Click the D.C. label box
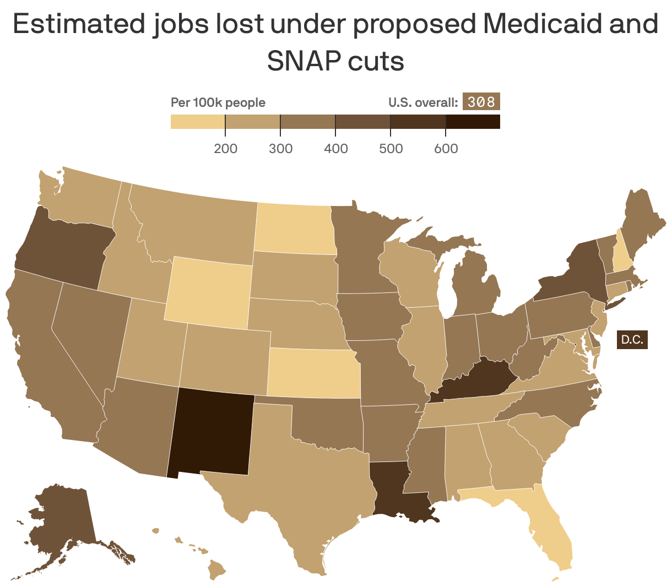[632, 339]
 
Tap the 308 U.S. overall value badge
[481, 102]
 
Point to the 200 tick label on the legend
[225, 149]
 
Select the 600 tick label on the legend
[446, 149]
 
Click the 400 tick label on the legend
[336, 149]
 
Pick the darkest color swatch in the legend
[473, 121]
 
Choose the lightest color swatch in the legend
[198, 121]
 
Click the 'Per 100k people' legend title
[218, 102]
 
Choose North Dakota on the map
[295, 229]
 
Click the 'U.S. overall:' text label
[423, 102]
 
